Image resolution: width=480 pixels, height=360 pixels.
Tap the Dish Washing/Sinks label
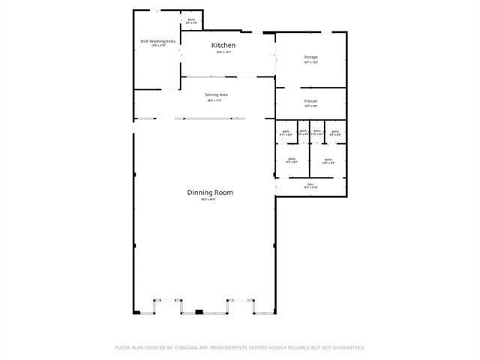(157, 41)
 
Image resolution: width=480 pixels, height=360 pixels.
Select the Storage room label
(310, 57)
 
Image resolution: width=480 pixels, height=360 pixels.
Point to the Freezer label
(310, 100)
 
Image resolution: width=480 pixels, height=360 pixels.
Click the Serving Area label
(216, 94)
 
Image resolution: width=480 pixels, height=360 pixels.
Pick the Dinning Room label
(210, 193)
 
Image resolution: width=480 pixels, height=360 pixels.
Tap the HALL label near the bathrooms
(310, 183)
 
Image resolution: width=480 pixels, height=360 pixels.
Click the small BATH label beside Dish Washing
(192, 20)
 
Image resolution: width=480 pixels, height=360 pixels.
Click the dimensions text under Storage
(310, 63)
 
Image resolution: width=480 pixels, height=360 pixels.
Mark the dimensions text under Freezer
(310, 106)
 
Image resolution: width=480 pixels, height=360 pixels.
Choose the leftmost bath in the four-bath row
(286, 133)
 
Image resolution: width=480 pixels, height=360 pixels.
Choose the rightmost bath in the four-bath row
(335, 133)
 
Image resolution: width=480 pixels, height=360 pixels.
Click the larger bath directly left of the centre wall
(292, 160)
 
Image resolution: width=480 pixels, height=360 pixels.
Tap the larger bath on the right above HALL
(328, 160)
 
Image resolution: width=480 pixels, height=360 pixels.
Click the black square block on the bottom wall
(199, 311)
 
